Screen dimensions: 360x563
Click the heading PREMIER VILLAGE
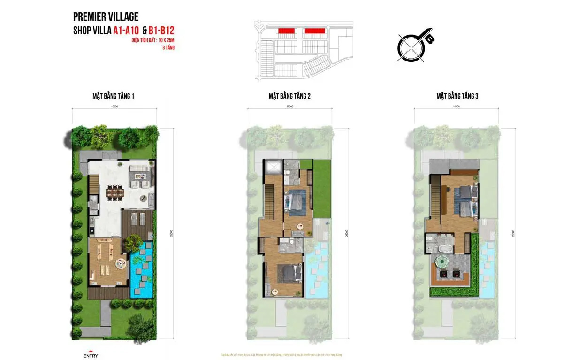pyautogui.click(x=106, y=17)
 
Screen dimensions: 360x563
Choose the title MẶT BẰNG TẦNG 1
pyautogui.click(x=114, y=96)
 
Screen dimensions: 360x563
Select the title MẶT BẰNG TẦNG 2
pyautogui.click(x=289, y=96)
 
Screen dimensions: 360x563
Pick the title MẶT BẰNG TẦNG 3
pyautogui.click(x=457, y=96)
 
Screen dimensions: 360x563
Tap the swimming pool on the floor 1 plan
pyautogui.click(x=142, y=272)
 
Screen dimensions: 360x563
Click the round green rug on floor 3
pyautogui.click(x=442, y=262)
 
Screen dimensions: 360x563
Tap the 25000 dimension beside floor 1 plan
pyautogui.click(x=173, y=233)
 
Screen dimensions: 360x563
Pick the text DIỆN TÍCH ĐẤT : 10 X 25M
pyautogui.click(x=156, y=41)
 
